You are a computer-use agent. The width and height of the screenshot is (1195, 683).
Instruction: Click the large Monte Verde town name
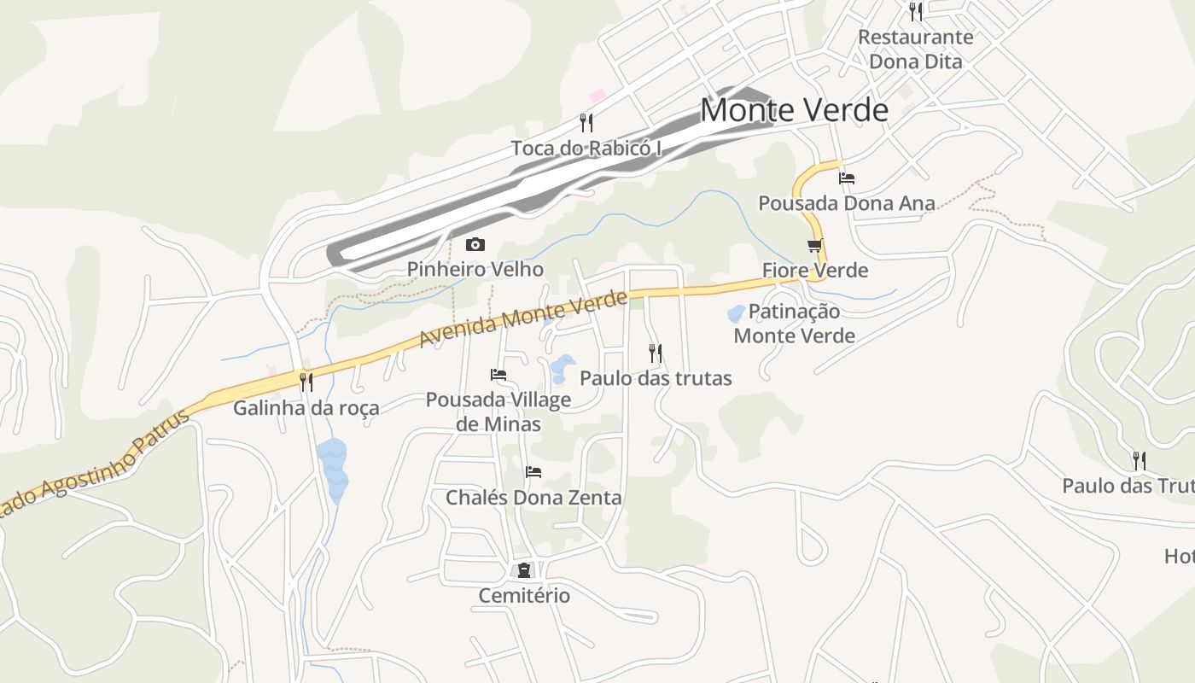pyautogui.click(x=794, y=110)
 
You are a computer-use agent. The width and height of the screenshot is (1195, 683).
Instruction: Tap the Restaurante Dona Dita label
pyautogui.click(x=915, y=50)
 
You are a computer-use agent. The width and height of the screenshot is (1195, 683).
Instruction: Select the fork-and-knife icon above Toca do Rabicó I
pyautogui.click(x=586, y=123)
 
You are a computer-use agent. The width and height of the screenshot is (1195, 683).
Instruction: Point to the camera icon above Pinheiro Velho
pyautogui.click(x=475, y=245)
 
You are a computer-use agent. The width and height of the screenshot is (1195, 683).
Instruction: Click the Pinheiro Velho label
pyautogui.click(x=475, y=269)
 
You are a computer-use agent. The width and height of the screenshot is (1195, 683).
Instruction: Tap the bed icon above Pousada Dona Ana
pyautogui.click(x=847, y=178)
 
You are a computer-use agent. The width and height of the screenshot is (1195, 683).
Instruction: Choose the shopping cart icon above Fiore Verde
pyautogui.click(x=815, y=246)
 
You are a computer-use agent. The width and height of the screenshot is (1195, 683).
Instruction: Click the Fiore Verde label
pyautogui.click(x=815, y=271)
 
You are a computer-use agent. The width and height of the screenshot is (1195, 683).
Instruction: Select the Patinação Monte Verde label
pyautogui.click(x=795, y=324)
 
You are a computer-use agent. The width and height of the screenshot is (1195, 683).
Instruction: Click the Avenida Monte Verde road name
pyautogui.click(x=522, y=319)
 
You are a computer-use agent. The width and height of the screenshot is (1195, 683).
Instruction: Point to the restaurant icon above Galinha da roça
pyautogui.click(x=306, y=382)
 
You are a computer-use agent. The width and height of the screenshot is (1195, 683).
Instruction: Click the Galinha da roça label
pyautogui.click(x=306, y=408)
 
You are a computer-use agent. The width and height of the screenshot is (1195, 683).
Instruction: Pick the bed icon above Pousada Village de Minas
pyautogui.click(x=498, y=375)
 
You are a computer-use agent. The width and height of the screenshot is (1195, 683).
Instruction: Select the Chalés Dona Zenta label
pyautogui.click(x=533, y=497)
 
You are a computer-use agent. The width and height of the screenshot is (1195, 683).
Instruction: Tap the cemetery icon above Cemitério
pyautogui.click(x=523, y=569)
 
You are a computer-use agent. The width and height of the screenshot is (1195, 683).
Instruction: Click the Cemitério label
pyautogui.click(x=524, y=595)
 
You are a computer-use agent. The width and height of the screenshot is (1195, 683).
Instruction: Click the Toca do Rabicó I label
pyautogui.click(x=586, y=149)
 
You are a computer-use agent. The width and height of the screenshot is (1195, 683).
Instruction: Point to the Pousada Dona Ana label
pyautogui.click(x=847, y=203)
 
